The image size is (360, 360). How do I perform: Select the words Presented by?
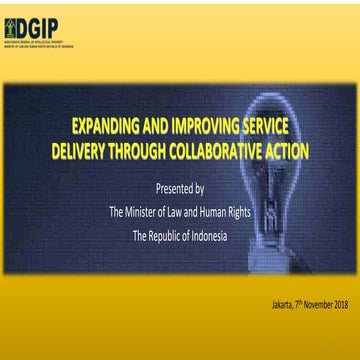click(180, 188)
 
